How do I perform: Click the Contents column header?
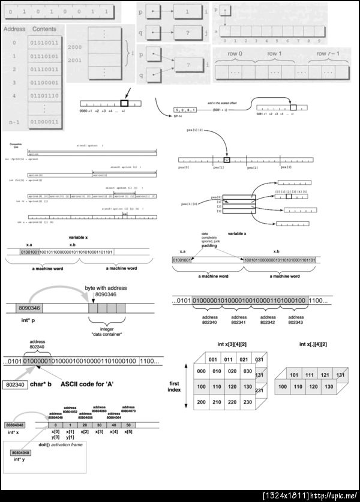[44, 29]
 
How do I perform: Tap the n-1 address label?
[14, 122]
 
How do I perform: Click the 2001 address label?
[75, 61]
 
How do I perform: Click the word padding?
[209, 245]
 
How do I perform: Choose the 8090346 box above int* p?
[29, 308]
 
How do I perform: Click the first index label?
[174, 386]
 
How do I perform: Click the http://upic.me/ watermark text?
[334, 495]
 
